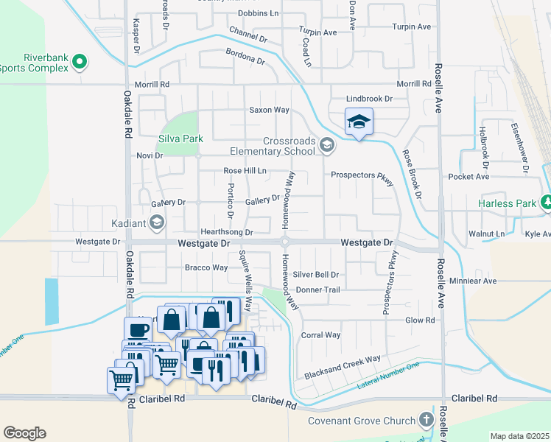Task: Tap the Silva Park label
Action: [x=180, y=138]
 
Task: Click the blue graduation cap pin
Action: [x=359, y=122]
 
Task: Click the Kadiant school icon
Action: [x=156, y=222]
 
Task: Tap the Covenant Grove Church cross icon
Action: [x=426, y=420]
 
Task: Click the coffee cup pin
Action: [x=138, y=329]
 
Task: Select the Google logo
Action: [x=24, y=433]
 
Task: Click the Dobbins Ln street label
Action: [x=259, y=13]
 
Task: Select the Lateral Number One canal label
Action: [x=388, y=376]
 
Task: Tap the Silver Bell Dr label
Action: [x=316, y=274]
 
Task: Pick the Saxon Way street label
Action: [x=268, y=110]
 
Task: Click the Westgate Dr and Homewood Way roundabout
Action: [x=285, y=242]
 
